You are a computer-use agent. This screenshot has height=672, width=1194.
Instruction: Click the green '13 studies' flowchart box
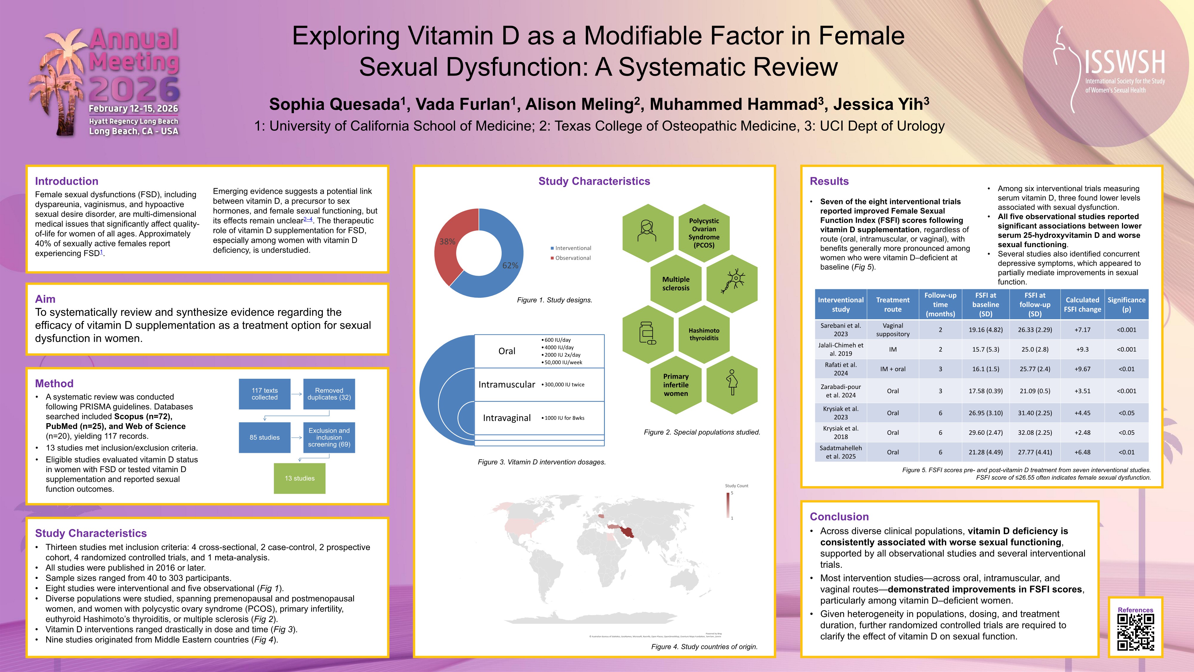point(300,478)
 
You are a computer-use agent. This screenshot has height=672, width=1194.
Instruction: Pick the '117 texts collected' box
point(265,394)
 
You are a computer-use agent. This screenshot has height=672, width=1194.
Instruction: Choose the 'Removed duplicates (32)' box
point(329,394)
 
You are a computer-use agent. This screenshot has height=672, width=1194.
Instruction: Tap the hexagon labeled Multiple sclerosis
point(676,283)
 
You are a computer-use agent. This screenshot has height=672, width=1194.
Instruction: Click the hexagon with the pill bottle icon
point(647,334)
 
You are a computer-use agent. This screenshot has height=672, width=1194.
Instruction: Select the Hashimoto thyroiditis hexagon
point(704,334)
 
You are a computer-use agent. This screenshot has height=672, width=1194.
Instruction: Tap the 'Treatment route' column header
point(893,304)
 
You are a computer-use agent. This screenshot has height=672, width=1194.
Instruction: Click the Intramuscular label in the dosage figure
point(507,385)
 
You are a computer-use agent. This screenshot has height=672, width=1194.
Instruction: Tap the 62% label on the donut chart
point(510,265)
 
